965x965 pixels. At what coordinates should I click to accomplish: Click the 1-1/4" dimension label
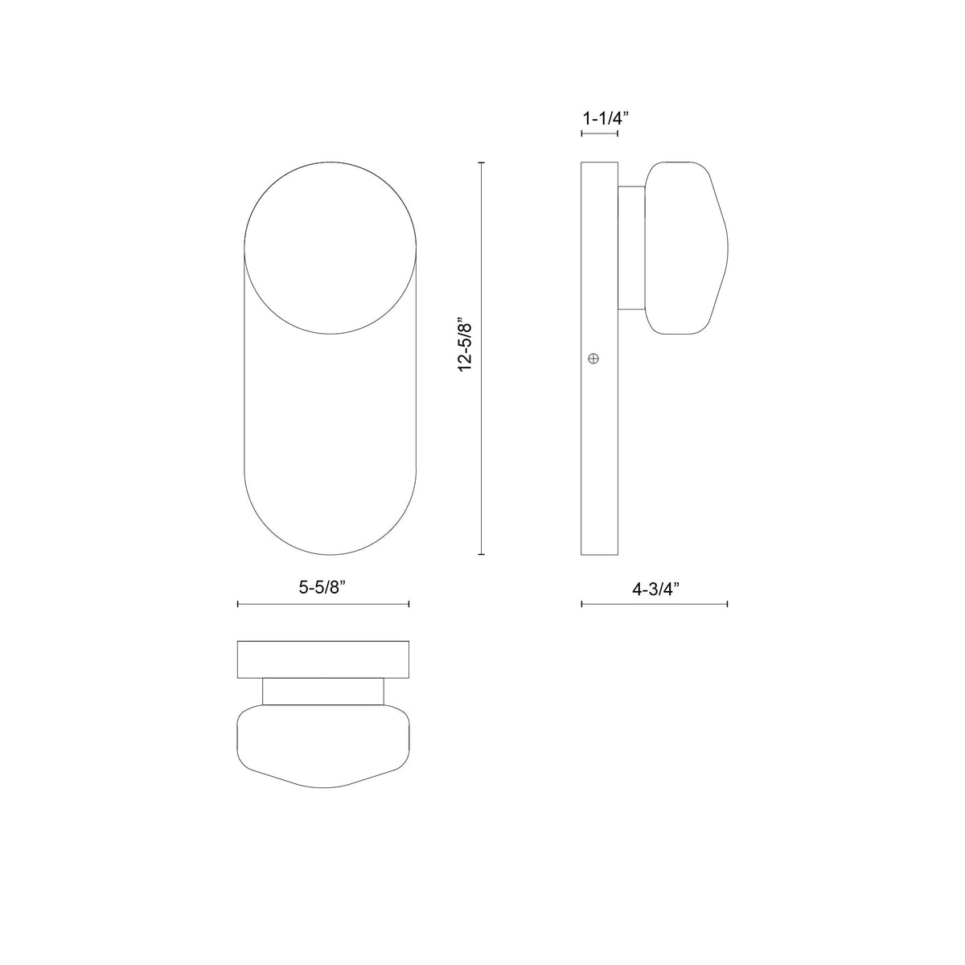(x=605, y=119)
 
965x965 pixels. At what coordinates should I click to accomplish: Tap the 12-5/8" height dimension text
(x=466, y=347)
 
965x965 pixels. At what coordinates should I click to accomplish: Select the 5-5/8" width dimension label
(x=323, y=587)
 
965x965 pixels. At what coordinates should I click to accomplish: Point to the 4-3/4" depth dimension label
(x=655, y=589)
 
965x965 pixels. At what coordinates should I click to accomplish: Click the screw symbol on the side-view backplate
(x=593, y=358)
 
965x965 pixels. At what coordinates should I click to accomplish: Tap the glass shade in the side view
(x=686, y=248)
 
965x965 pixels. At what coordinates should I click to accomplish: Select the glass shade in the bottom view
(x=323, y=746)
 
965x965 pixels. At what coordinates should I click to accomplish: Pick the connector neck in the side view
(x=631, y=248)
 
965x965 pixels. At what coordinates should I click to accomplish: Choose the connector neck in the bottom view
(x=323, y=692)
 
